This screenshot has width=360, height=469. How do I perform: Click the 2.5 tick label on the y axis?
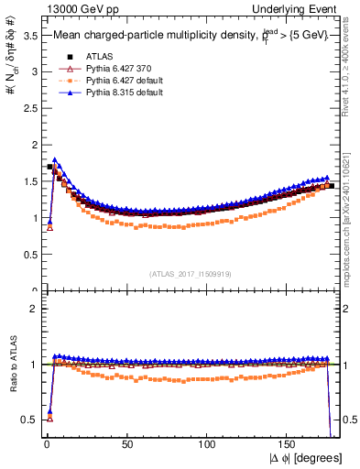pos(30,109)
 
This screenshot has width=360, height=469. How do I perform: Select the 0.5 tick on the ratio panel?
pos(30,420)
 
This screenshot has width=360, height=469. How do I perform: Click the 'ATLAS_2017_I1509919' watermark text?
pos(190,273)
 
